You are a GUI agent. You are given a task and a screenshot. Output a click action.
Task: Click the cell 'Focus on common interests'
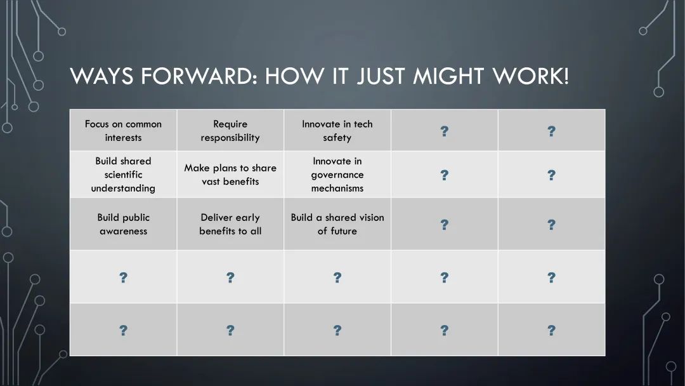123,130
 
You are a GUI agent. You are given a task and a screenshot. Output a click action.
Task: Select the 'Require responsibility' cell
230,130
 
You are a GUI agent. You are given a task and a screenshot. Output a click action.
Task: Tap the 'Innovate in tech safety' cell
337,130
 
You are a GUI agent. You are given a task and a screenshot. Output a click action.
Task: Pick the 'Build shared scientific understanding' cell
123,175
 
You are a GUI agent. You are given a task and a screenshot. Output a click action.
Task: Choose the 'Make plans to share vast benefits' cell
230,175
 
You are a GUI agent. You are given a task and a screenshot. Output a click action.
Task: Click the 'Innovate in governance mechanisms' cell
337,175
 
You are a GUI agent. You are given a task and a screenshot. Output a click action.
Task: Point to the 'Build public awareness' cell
123,224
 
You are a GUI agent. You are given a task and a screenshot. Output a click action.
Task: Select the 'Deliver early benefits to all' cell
230,224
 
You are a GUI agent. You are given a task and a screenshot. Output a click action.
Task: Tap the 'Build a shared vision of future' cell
337,224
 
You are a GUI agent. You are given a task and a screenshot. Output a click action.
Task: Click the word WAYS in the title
101,76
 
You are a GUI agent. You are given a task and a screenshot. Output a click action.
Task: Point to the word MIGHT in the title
448,76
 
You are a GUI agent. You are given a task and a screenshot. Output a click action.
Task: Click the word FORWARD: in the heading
199,76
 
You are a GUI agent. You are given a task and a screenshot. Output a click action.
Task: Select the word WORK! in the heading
531,76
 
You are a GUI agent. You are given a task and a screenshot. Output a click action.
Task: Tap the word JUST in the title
381,76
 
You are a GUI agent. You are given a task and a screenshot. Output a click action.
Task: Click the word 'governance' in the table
337,175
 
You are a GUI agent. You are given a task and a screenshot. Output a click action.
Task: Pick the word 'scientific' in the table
123,175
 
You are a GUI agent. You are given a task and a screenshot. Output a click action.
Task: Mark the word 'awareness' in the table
123,231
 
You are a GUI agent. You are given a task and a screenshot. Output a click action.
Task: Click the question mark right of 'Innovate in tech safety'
444,131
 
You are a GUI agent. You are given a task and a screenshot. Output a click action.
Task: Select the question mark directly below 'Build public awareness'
123,277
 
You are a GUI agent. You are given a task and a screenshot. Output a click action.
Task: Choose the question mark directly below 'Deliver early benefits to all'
230,277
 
